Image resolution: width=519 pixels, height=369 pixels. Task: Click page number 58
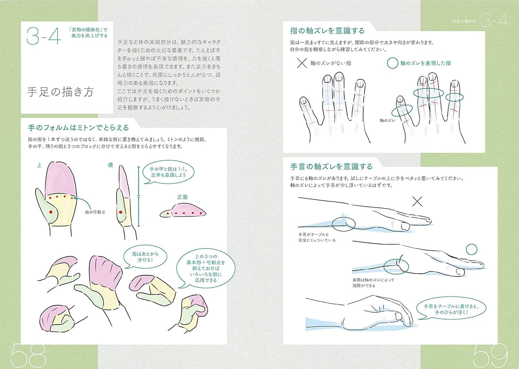[x=28, y=356]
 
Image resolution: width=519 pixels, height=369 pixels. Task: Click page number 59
[x=490, y=356]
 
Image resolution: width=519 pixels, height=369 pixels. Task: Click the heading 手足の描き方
[x=60, y=92]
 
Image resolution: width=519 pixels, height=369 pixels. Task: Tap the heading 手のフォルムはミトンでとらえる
[x=78, y=128]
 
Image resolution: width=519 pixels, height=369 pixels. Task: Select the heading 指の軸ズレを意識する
[x=327, y=31]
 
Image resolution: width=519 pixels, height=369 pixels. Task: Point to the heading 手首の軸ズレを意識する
[x=331, y=166]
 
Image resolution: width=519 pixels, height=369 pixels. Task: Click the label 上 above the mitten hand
[x=39, y=165]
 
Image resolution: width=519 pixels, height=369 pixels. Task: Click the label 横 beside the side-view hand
[x=110, y=165]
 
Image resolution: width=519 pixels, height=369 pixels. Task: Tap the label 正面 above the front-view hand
[x=182, y=197]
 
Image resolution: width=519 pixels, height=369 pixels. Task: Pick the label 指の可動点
[x=95, y=212]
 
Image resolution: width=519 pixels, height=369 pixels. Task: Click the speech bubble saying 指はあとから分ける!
[x=145, y=257]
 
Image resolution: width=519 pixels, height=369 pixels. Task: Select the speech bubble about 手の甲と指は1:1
[x=168, y=172]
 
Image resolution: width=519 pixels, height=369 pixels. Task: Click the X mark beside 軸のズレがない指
[x=302, y=63]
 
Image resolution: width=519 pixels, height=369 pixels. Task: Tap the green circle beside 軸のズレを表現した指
[x=392, y=63]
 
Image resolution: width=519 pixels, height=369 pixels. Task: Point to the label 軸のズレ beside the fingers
[x=387, y=121]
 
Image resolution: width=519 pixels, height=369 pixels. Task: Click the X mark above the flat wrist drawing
[x=417, y=202]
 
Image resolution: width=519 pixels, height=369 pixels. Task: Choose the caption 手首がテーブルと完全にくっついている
[x=317, y=237]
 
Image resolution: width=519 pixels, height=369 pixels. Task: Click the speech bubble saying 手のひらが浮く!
[x=451, y=309]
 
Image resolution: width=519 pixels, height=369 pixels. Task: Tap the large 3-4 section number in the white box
[x=44, y=36]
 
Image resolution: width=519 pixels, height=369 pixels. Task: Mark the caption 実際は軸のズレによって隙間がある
[x=373, y=283]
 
